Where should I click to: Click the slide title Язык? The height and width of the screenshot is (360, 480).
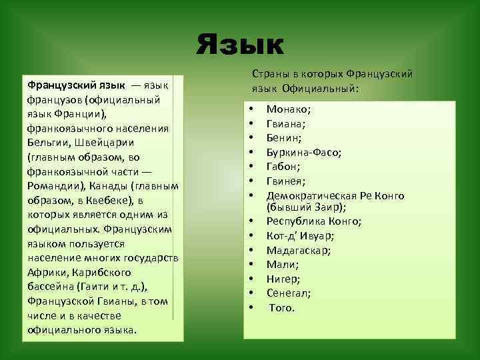tap(240, 45)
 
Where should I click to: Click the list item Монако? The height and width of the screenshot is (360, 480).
tap(289, 108)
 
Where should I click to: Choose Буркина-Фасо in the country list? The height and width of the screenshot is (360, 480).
tap(304, 152)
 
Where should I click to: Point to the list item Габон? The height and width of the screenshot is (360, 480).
tap(283, 167)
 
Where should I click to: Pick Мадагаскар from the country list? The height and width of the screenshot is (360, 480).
tap(299, 251)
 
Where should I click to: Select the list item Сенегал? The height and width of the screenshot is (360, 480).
tap(289, 293)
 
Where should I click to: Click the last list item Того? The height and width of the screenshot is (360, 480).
tap(282, 308)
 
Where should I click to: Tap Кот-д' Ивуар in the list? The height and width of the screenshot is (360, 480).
tap(300, 236)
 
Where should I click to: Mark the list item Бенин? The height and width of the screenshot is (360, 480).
tap(283, 137)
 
